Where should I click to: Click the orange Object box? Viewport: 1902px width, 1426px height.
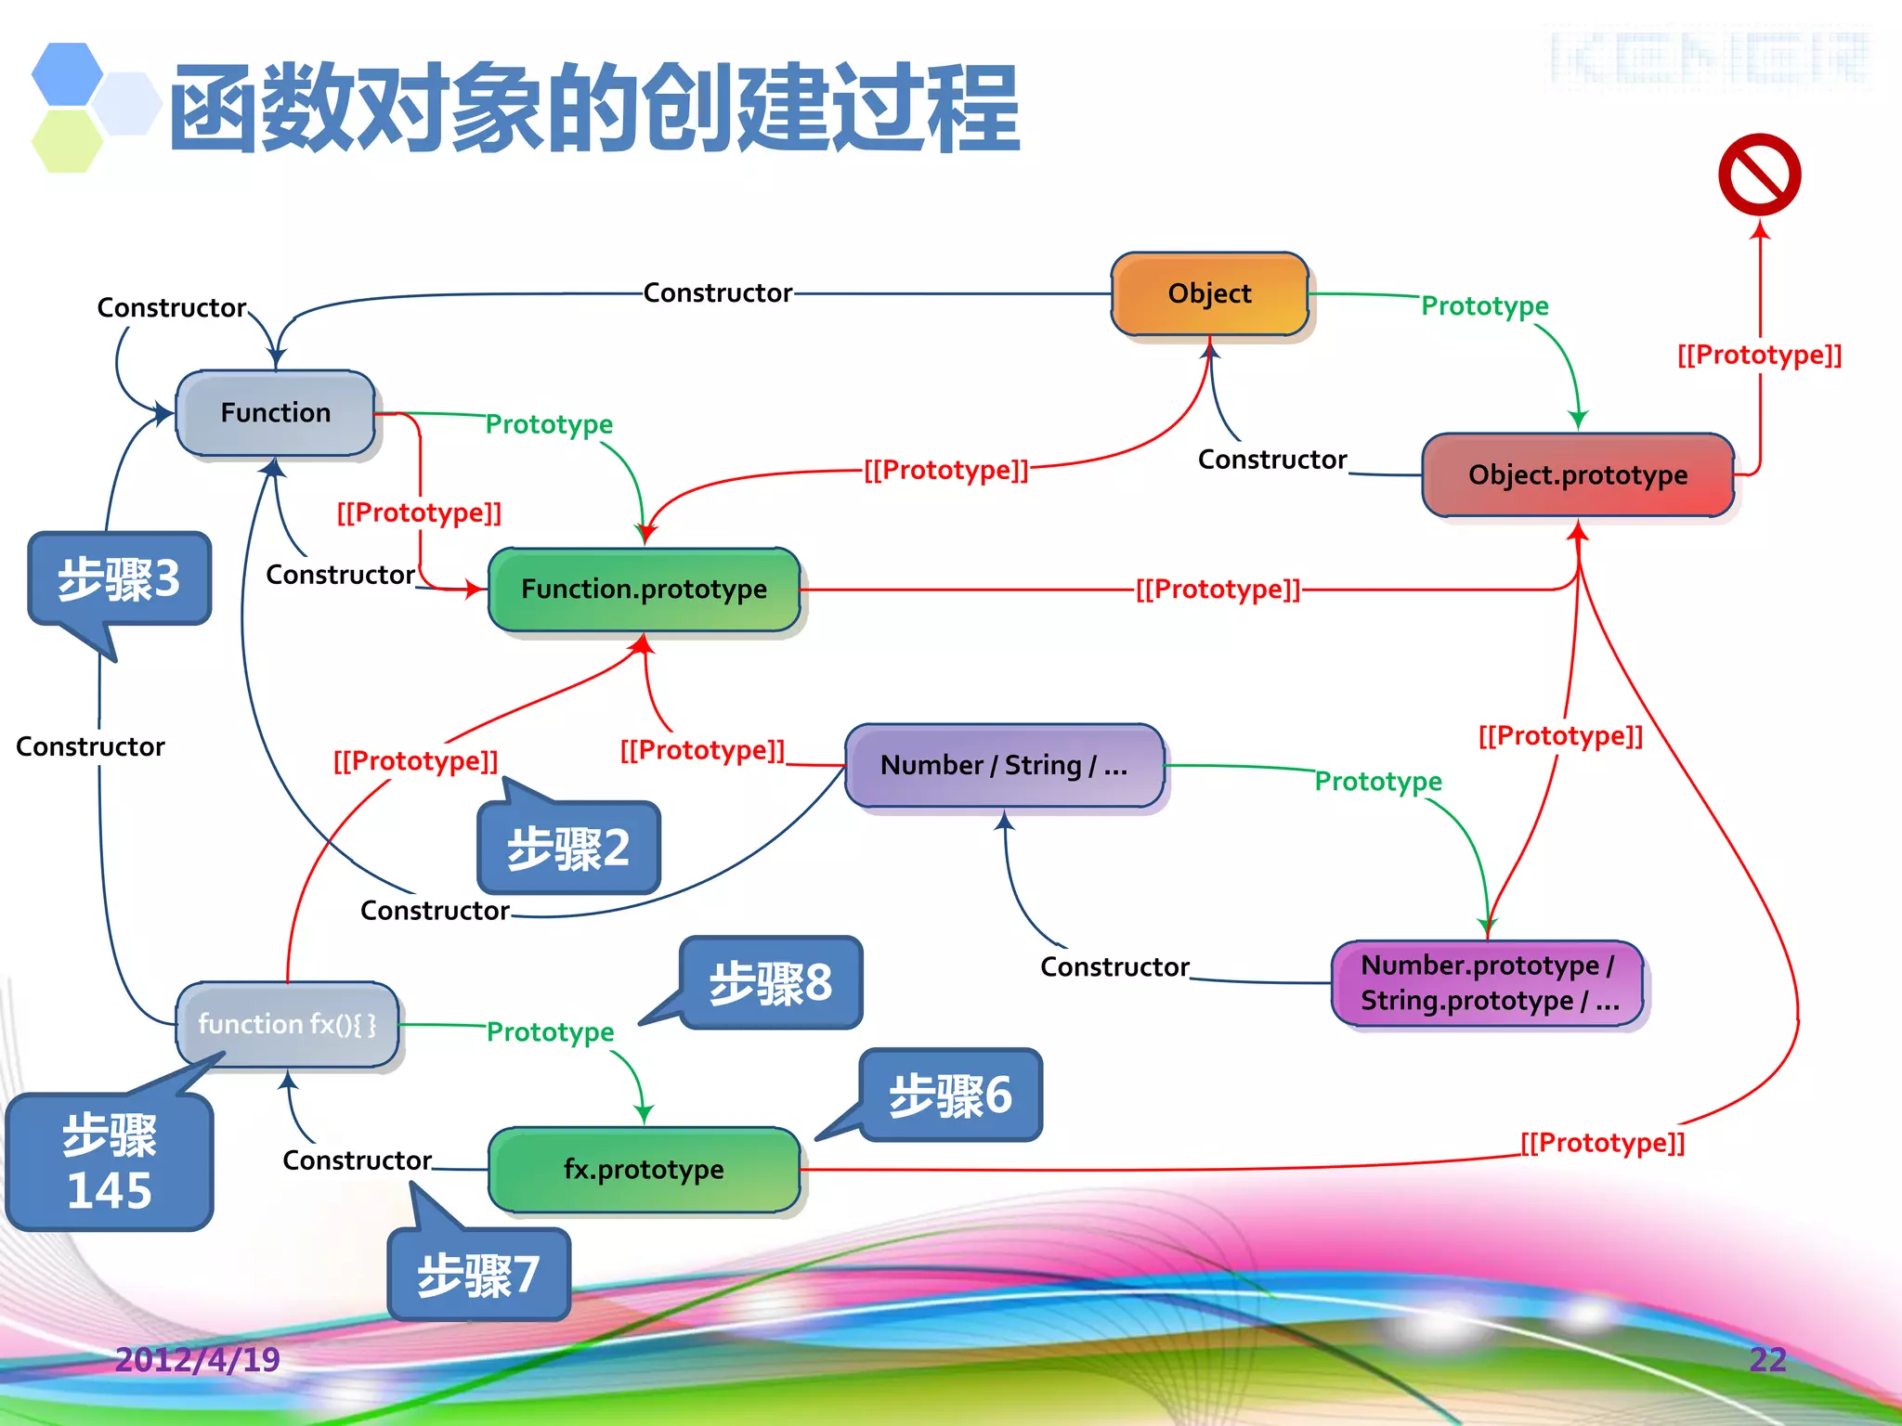tap(1209, 293)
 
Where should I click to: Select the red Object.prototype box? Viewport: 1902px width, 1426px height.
tap(1577, 474)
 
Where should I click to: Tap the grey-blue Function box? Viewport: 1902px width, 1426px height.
tap(275, 412)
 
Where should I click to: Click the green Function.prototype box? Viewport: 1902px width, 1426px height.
tap(644, 589)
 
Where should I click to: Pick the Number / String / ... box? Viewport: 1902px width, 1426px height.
tap(1004, 765)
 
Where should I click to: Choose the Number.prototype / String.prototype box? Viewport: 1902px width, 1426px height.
tap(1488, 983)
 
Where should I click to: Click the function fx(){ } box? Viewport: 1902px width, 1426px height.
tap(287, 1024)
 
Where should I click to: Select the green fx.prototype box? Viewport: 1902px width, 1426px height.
tap(644, 1169)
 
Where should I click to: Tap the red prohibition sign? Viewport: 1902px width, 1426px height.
tap(1759, 175)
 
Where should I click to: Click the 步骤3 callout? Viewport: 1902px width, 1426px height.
tap(120, 578)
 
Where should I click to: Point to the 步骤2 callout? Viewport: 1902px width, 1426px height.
tap(568, 848)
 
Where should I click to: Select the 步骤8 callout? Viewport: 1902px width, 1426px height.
tap(771, 982)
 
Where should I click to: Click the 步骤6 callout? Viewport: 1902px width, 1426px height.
tap(950, 1095)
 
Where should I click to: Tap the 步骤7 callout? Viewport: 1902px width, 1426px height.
tap(478, 1274)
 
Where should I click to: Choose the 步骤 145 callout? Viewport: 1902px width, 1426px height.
tap(110, 1162)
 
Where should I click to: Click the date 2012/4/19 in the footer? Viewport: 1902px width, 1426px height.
tap(197, 1359)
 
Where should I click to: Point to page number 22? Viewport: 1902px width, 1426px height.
tap(1767, 1359)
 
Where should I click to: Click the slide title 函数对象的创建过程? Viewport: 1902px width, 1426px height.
tap(594, 108)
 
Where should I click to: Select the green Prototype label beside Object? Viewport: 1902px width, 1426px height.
tap(1484, 305)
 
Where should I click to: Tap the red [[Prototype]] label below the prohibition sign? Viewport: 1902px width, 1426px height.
tap(1759, 355)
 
